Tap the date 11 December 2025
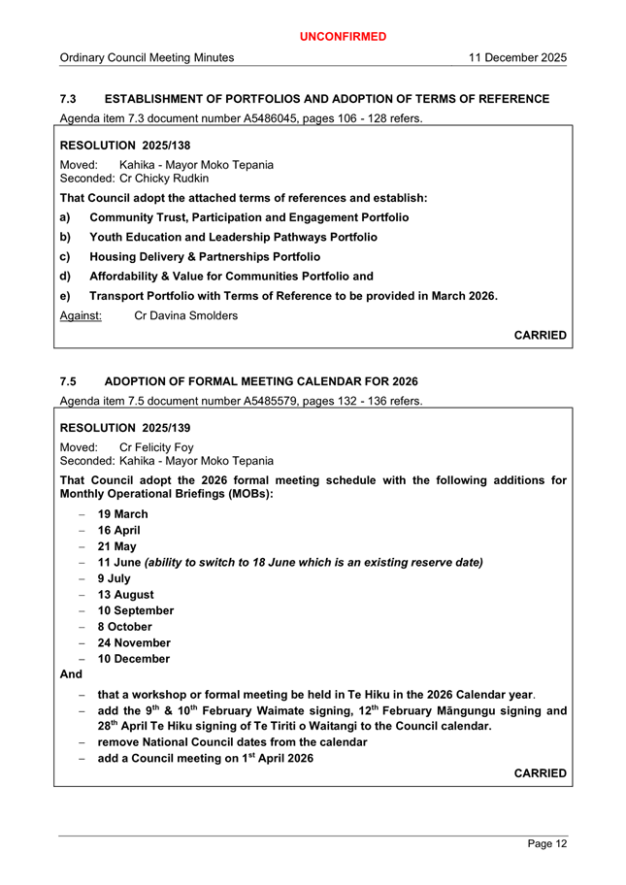[x=517, y=58]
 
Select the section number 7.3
[x=68, y=99]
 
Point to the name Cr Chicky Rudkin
[x=161, y=179]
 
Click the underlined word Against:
[x=82, y=316]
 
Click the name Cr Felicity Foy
[x=156, y=446]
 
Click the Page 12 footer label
[x=547, y=844]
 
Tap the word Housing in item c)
[x=115, y=257]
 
